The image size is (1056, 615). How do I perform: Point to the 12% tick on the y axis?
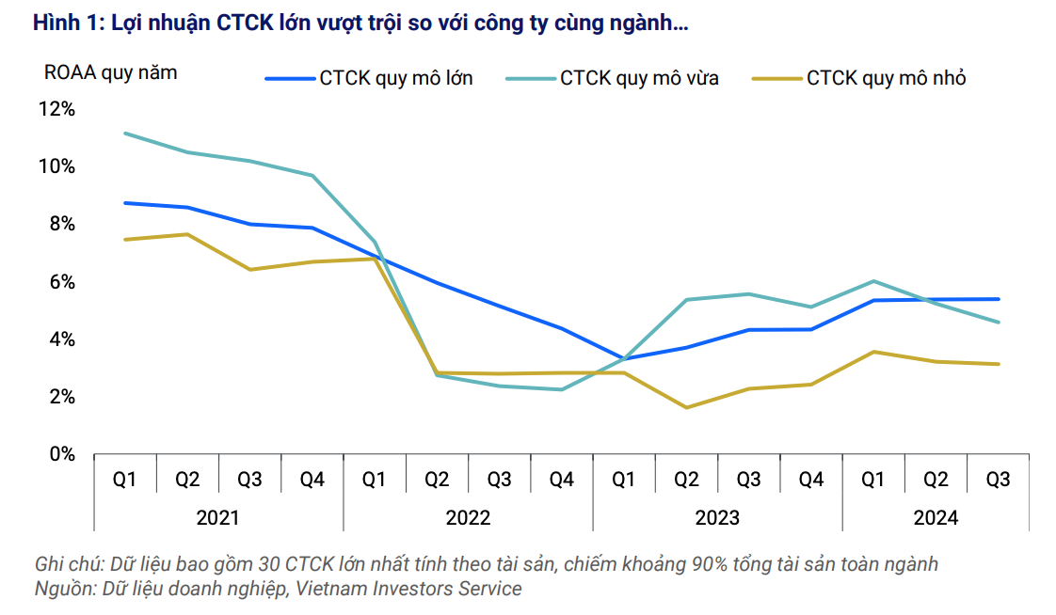(x=56, y=109)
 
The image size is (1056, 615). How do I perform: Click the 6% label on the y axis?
(x=62, y=282)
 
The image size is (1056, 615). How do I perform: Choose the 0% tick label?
(x=62, y=454)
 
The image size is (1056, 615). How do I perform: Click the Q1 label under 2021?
(x=125, y=480)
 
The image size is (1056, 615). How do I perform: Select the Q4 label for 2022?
(x=562, y=480)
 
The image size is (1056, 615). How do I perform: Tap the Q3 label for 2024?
(x=998, y=480)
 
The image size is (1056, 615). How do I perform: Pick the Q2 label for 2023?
(x=686, y=480)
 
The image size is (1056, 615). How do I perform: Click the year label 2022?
(x=468, y=518)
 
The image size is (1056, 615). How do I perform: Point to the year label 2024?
(x=936, y=518)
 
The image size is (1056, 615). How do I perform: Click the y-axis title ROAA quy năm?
(x=111, y=72)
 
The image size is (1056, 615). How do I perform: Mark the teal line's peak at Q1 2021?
(x=126, y=134)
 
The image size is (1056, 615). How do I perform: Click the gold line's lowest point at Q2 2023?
(x=686, y=407)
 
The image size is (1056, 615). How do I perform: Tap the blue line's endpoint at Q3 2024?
(x=998, y=299)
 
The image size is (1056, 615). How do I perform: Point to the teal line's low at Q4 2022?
(x=562, y=389)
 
